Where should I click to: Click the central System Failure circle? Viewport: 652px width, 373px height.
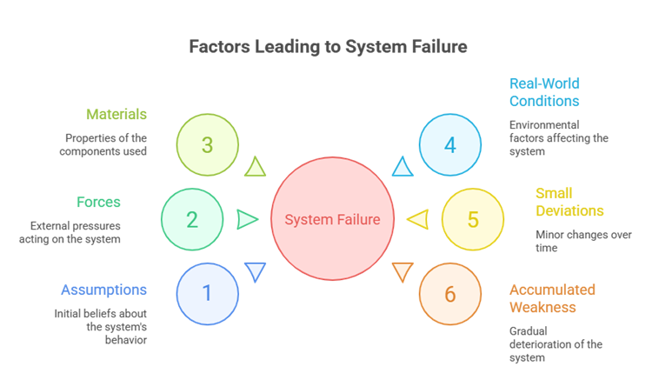click(x=332, y=219)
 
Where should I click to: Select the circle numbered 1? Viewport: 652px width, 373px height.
click(x=207, y=293)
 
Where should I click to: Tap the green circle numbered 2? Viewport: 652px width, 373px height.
click(x=192, y=219)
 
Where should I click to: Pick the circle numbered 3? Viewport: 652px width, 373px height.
click(x=207, y=144)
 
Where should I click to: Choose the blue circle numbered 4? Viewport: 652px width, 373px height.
click(x=449, y=144)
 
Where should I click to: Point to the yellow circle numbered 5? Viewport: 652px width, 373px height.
click(x=472, y=219)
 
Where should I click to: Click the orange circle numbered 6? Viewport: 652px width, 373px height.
click(x=449, y=294)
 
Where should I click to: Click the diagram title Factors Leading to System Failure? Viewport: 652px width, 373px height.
click(x=328, y=47)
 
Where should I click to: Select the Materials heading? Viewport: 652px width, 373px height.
click(x=116, y=115)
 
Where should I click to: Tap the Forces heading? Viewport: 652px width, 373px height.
click(x=98, y=203)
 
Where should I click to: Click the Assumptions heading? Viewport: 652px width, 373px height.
click(x=104, y=290)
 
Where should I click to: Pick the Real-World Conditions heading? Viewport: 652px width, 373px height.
click(x=545, y=91)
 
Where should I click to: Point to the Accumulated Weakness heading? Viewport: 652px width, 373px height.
click(x=552, y=298)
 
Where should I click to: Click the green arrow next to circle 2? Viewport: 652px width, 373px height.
click(x=247, y=219)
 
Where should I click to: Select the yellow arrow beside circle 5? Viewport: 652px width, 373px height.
click(x=418, y=220)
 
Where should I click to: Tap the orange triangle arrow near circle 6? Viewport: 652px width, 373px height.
click(x=402, y=271)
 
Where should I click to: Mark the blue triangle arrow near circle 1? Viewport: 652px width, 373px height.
click(x=255, y=271)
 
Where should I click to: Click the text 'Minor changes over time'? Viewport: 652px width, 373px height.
click(x=571, y=241)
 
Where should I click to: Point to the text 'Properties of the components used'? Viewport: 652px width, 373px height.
click(x=106, y=144)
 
